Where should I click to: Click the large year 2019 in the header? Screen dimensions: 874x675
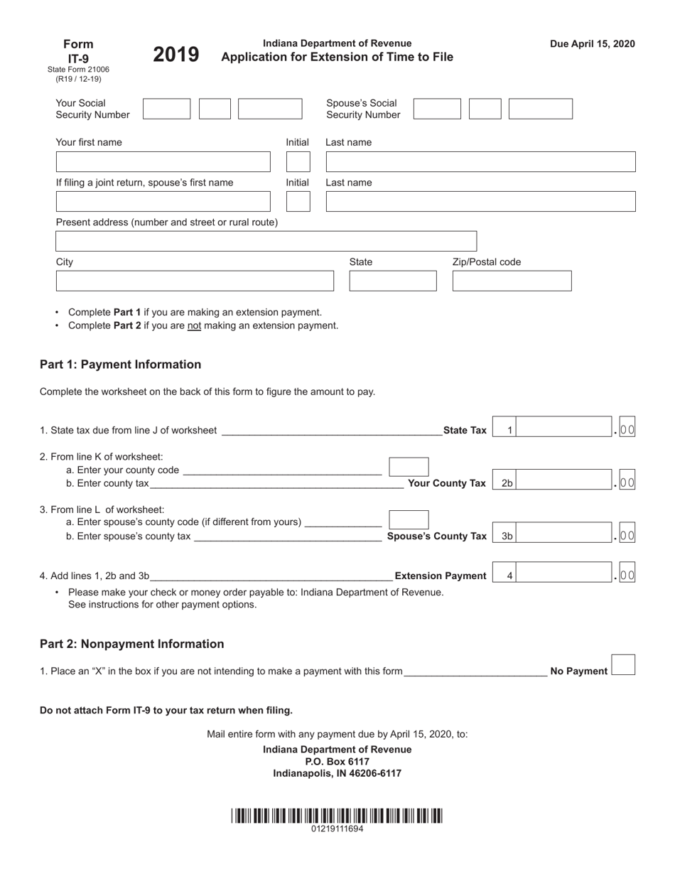(x=176, y=55)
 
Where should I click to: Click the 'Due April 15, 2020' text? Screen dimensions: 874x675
(x=592, y=44)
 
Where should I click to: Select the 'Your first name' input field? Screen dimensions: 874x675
(x=163, y=162)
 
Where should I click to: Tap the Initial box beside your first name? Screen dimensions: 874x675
(x=298, y=162)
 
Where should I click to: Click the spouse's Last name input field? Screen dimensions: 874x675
(x=480, y=202)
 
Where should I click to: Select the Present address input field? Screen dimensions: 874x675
(x=266, y=242)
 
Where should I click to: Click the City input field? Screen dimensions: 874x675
(x=194, y=281)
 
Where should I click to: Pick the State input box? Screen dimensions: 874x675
(x=393, y=281)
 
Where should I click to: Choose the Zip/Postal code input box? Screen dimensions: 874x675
(x=512, y=281)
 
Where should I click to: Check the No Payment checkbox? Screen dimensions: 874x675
(x=623, y=665)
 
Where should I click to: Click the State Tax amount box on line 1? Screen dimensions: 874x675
(x=565, y=430)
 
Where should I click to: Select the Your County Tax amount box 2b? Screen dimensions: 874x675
(x=565, y=483)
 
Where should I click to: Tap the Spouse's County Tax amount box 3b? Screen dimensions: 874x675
(x=565, y=536)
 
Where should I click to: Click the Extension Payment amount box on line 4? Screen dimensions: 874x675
(x=565, y=576)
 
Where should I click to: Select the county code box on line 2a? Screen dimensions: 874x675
(x=409, y=467)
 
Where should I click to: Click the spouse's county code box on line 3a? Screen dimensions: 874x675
(x=409, y=520)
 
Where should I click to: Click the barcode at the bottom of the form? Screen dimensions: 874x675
(x=337, y=816)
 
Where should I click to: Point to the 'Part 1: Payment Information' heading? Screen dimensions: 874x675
(x=120, y=365)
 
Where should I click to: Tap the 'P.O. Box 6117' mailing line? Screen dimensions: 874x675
(x=337, y=762)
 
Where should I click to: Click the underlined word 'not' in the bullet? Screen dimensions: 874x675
(x=194, y=326)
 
